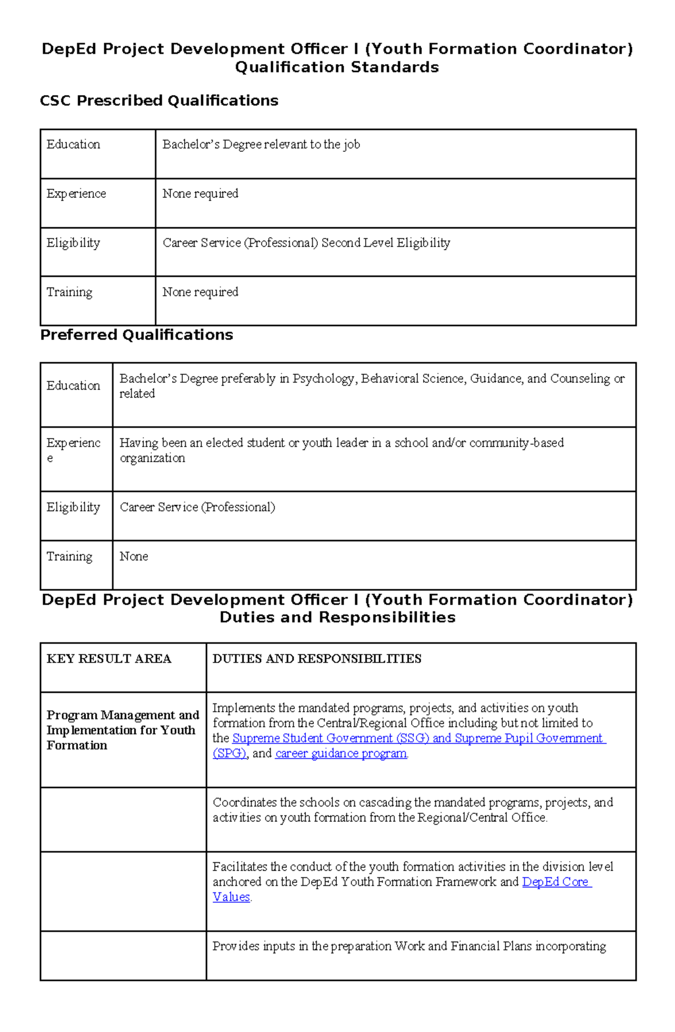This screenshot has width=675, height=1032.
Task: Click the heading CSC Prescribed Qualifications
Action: click(159, 101)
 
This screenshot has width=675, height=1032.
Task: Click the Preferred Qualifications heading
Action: click(136, 335)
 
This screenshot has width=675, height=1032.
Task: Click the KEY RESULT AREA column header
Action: click(109, 659)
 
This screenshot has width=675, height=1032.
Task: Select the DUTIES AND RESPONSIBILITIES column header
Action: click(317, 659)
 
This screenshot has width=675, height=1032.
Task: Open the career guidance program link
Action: click(341, 754)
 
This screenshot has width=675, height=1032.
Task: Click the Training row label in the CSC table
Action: click(69, 292)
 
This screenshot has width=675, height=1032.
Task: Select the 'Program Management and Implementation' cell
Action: click(122, 730)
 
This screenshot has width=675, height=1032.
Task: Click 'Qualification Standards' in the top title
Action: click(336, 67)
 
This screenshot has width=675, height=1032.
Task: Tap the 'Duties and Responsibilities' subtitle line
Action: click(337, 618)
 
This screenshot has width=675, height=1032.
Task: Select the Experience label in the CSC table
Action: click(76, 194)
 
